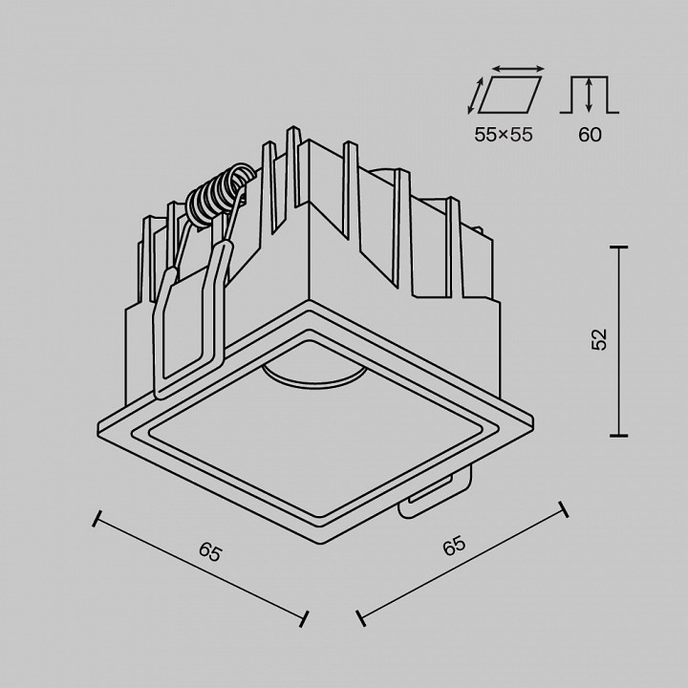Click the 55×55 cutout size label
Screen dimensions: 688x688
pos(504,135)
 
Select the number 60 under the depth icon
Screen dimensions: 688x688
pos(590,135)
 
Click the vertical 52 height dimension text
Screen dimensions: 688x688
pos(599,339)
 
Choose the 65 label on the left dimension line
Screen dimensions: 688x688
pos(210,552)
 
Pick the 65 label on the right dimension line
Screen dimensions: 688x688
pos(453,547)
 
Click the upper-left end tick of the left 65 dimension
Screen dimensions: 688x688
pos(96,519)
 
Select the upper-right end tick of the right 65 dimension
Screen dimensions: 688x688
pos(564,508)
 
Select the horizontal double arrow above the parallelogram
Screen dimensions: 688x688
pos(519,69)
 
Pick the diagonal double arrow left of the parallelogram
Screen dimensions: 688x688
pos(475,97)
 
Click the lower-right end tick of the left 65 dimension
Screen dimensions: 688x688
pos(304,618)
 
